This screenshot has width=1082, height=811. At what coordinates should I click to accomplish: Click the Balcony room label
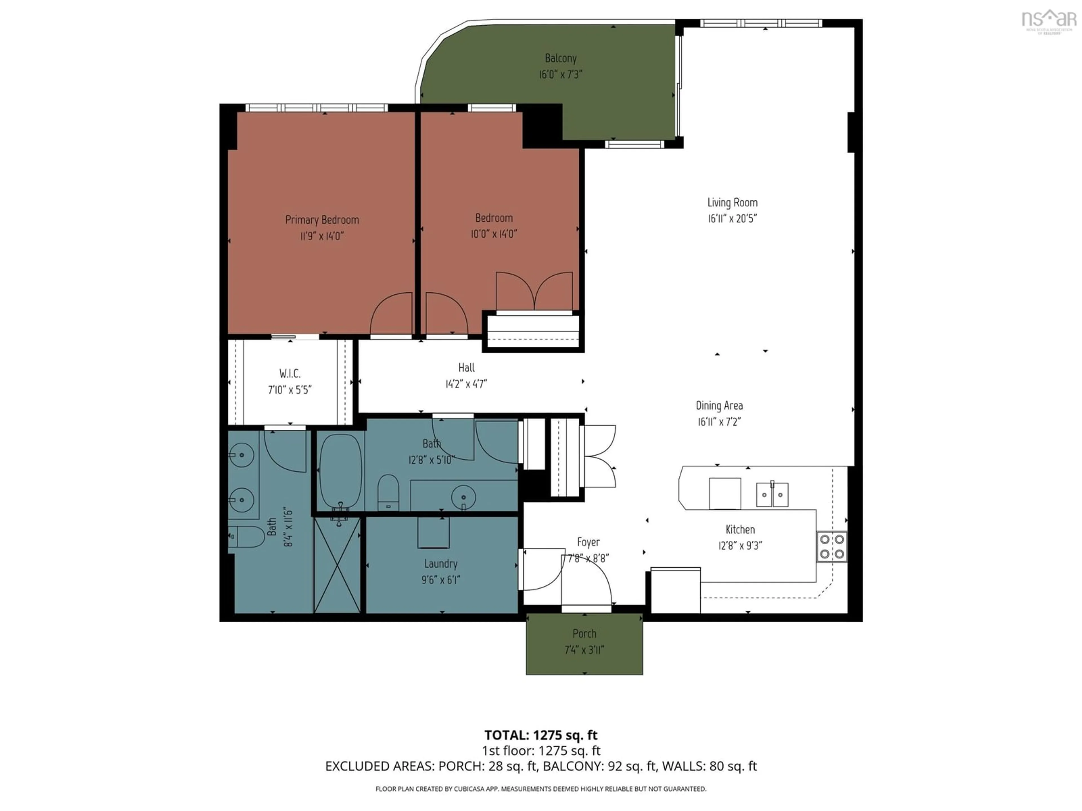click(x=560, y=58)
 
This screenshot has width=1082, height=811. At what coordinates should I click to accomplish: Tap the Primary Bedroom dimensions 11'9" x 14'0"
click(x=322, y=236)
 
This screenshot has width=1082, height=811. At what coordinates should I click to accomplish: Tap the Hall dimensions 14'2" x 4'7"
click(x=466, y=384)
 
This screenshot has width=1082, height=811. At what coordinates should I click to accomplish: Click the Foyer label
click(x=588, y=542)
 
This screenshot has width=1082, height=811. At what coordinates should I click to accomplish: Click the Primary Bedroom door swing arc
click(x=390, y=313)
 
